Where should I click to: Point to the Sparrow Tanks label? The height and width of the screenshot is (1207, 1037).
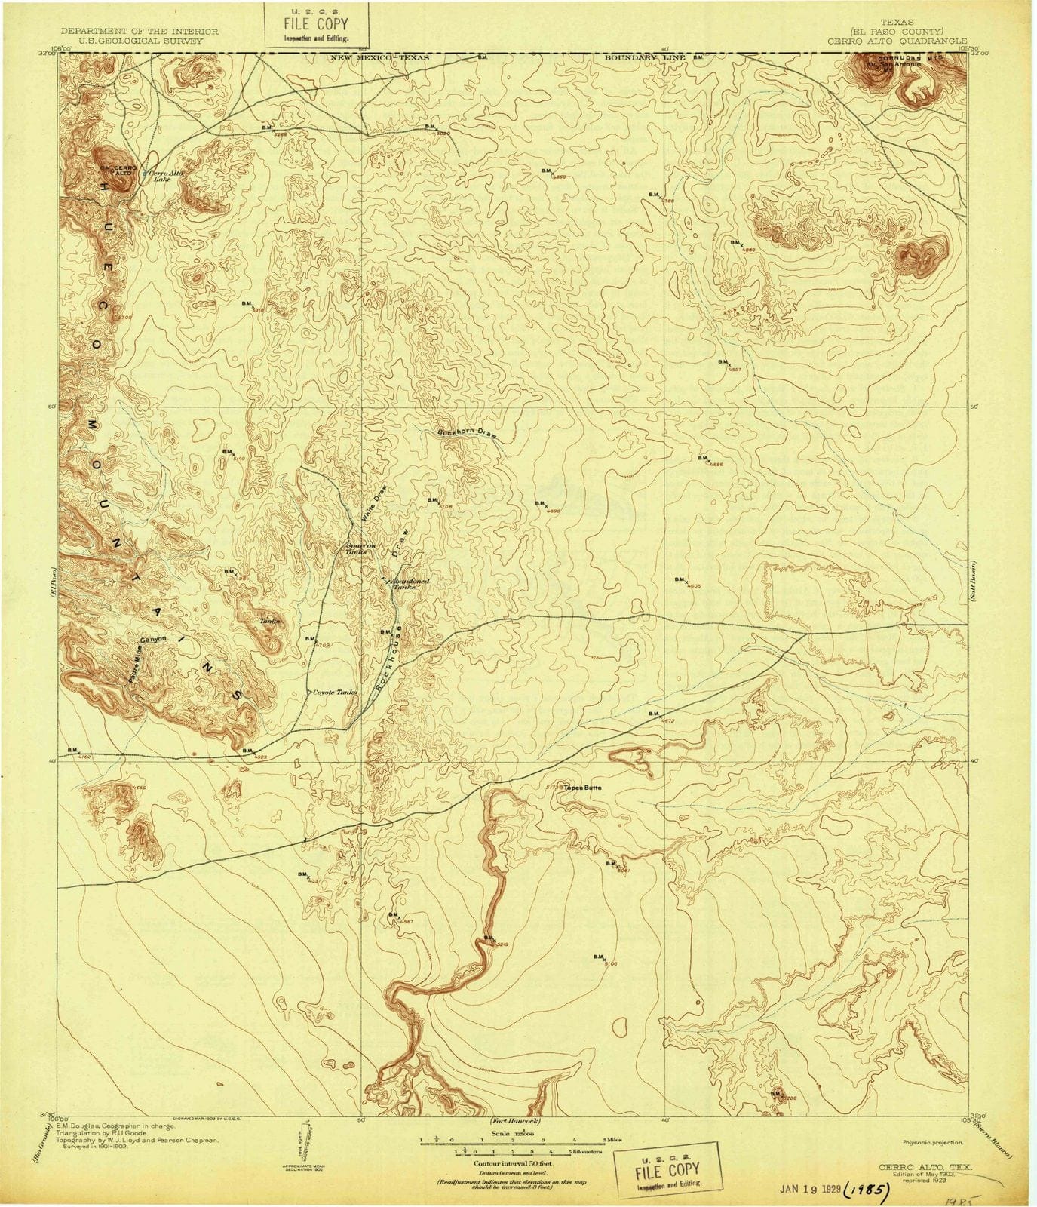pos(356,548)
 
